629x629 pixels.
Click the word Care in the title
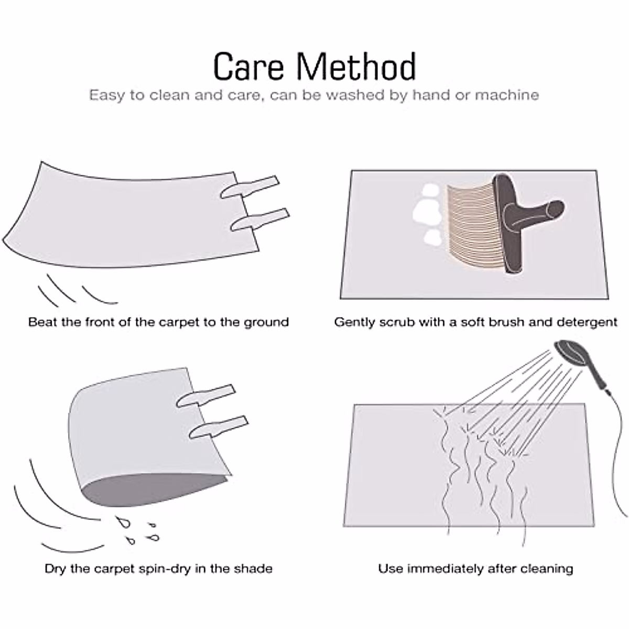tap(249, 67)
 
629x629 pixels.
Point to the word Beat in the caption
tap(43, 322)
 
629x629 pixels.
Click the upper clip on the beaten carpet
tap(250, 187)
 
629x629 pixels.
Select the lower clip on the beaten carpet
tap(260, 220)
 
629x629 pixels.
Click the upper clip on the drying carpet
tap(205, 396)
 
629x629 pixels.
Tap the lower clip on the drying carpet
tap(219, 427)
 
